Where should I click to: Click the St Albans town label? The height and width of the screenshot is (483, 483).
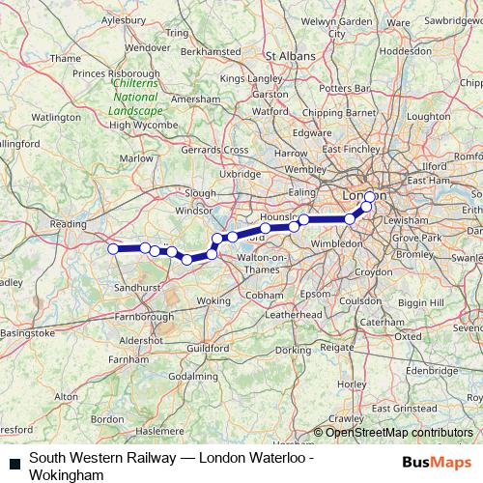pyautogui.click(x=292, y=57)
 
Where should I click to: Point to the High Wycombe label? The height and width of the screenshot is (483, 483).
pyautogui.click(x=136, y=125)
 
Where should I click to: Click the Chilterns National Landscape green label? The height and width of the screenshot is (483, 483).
pyautogui.click(x=136, y=97)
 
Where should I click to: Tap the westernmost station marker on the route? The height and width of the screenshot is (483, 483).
pyautogui.click(x=113, y=249)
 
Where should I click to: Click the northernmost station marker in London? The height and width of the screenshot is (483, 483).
pyautogui.click(x=369, y=197)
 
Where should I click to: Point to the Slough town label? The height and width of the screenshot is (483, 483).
pyautogui.click(x=201, y=193)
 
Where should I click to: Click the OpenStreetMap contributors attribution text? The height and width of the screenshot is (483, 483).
pyautogui.click(x=400, y=432)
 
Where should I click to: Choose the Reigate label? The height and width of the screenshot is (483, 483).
pyautogui.click(x=338, y=346)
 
